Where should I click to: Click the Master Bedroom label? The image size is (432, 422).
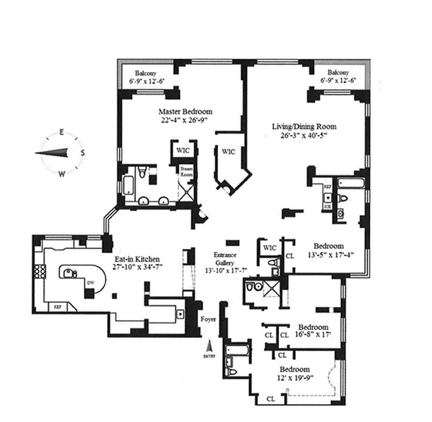tap(185, 112)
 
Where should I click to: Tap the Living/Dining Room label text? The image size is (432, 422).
tap(304, 127)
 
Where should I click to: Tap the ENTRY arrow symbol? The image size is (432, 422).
tap(209, 347)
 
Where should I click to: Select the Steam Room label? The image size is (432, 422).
tap(187, 171)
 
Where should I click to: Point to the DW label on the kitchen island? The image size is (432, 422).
tap(89, 282)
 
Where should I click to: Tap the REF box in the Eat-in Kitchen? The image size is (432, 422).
tap(55, 306)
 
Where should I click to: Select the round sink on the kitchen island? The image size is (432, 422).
tap(68, 272)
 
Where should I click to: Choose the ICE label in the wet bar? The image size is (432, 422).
tap(327, 207)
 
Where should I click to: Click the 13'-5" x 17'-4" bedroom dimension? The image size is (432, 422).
tap(329, 254)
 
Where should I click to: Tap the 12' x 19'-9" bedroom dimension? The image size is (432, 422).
tap(294, 377)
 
